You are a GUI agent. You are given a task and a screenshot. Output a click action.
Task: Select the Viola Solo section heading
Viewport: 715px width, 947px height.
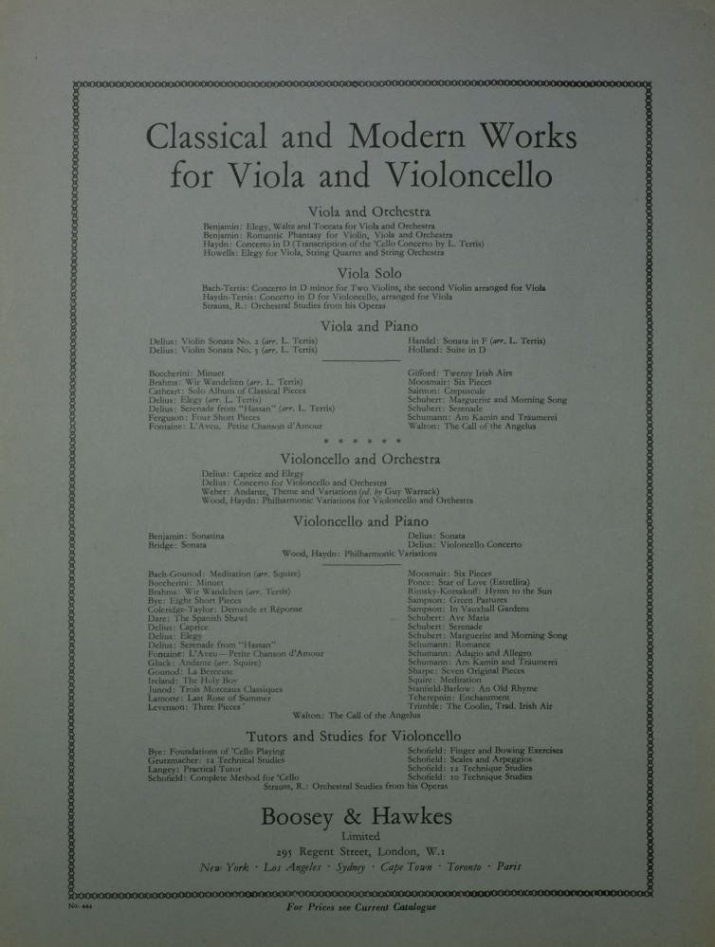click(357, 273)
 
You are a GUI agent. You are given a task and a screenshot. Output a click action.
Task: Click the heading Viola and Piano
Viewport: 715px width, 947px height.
click(357, 326)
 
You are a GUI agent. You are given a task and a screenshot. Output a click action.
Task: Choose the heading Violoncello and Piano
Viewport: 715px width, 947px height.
click(360, 521)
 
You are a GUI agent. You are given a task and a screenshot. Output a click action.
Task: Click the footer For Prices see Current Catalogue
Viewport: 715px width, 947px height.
click(361, 907)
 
